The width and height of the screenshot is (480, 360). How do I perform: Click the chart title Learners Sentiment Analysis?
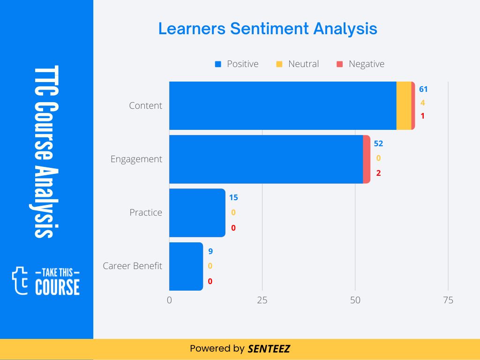(267, 29)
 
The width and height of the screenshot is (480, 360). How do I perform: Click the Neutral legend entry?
(298, 64)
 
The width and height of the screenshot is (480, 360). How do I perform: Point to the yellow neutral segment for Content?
(404, 105)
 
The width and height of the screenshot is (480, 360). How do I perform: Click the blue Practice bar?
(197, 212)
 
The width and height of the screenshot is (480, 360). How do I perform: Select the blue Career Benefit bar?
(186, 266)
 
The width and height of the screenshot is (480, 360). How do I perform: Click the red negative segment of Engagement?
(367, 159)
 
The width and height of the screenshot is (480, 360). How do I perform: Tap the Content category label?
(145, 105)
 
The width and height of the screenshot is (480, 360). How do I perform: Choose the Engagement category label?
(136, 159)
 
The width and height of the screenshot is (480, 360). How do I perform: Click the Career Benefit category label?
(132, 266)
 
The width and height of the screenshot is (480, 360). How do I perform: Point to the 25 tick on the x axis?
(262, 300)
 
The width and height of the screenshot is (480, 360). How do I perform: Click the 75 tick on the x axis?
(448, 300)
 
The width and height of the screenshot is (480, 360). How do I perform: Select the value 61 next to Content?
(423, 89)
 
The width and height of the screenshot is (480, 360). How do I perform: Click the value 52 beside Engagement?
(378, 143)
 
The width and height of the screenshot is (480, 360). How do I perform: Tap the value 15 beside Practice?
(233, 197)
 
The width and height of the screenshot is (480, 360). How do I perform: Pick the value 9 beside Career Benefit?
(210, 251)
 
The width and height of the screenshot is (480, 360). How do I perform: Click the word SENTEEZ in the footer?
(269, 349)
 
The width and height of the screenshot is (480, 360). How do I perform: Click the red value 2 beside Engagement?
(378, 173)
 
